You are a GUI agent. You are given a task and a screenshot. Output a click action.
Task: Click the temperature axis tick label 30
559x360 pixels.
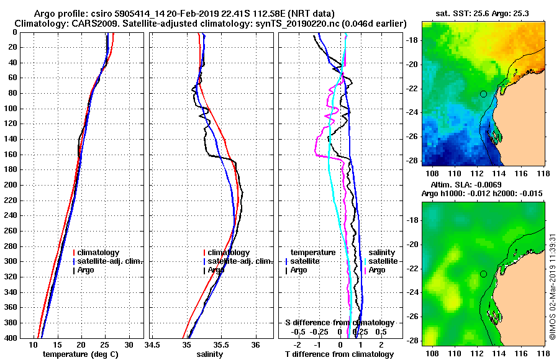[129, 345]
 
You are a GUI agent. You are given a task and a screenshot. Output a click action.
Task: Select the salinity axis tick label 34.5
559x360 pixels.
[152, 345]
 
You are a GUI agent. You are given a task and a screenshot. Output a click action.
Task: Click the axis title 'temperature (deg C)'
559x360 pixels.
[80, 354]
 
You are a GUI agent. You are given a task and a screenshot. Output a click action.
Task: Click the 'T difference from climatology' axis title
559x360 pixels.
[340, 354]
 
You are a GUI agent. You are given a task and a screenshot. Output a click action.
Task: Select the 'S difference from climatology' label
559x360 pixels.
[340, 323]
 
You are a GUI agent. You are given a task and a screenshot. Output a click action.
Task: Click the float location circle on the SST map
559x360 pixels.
[483, 94]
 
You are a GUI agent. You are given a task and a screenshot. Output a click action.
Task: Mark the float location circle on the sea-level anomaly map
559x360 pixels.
[483, 274]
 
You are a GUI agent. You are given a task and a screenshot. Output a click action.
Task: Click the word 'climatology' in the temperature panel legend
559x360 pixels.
[101, 253]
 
